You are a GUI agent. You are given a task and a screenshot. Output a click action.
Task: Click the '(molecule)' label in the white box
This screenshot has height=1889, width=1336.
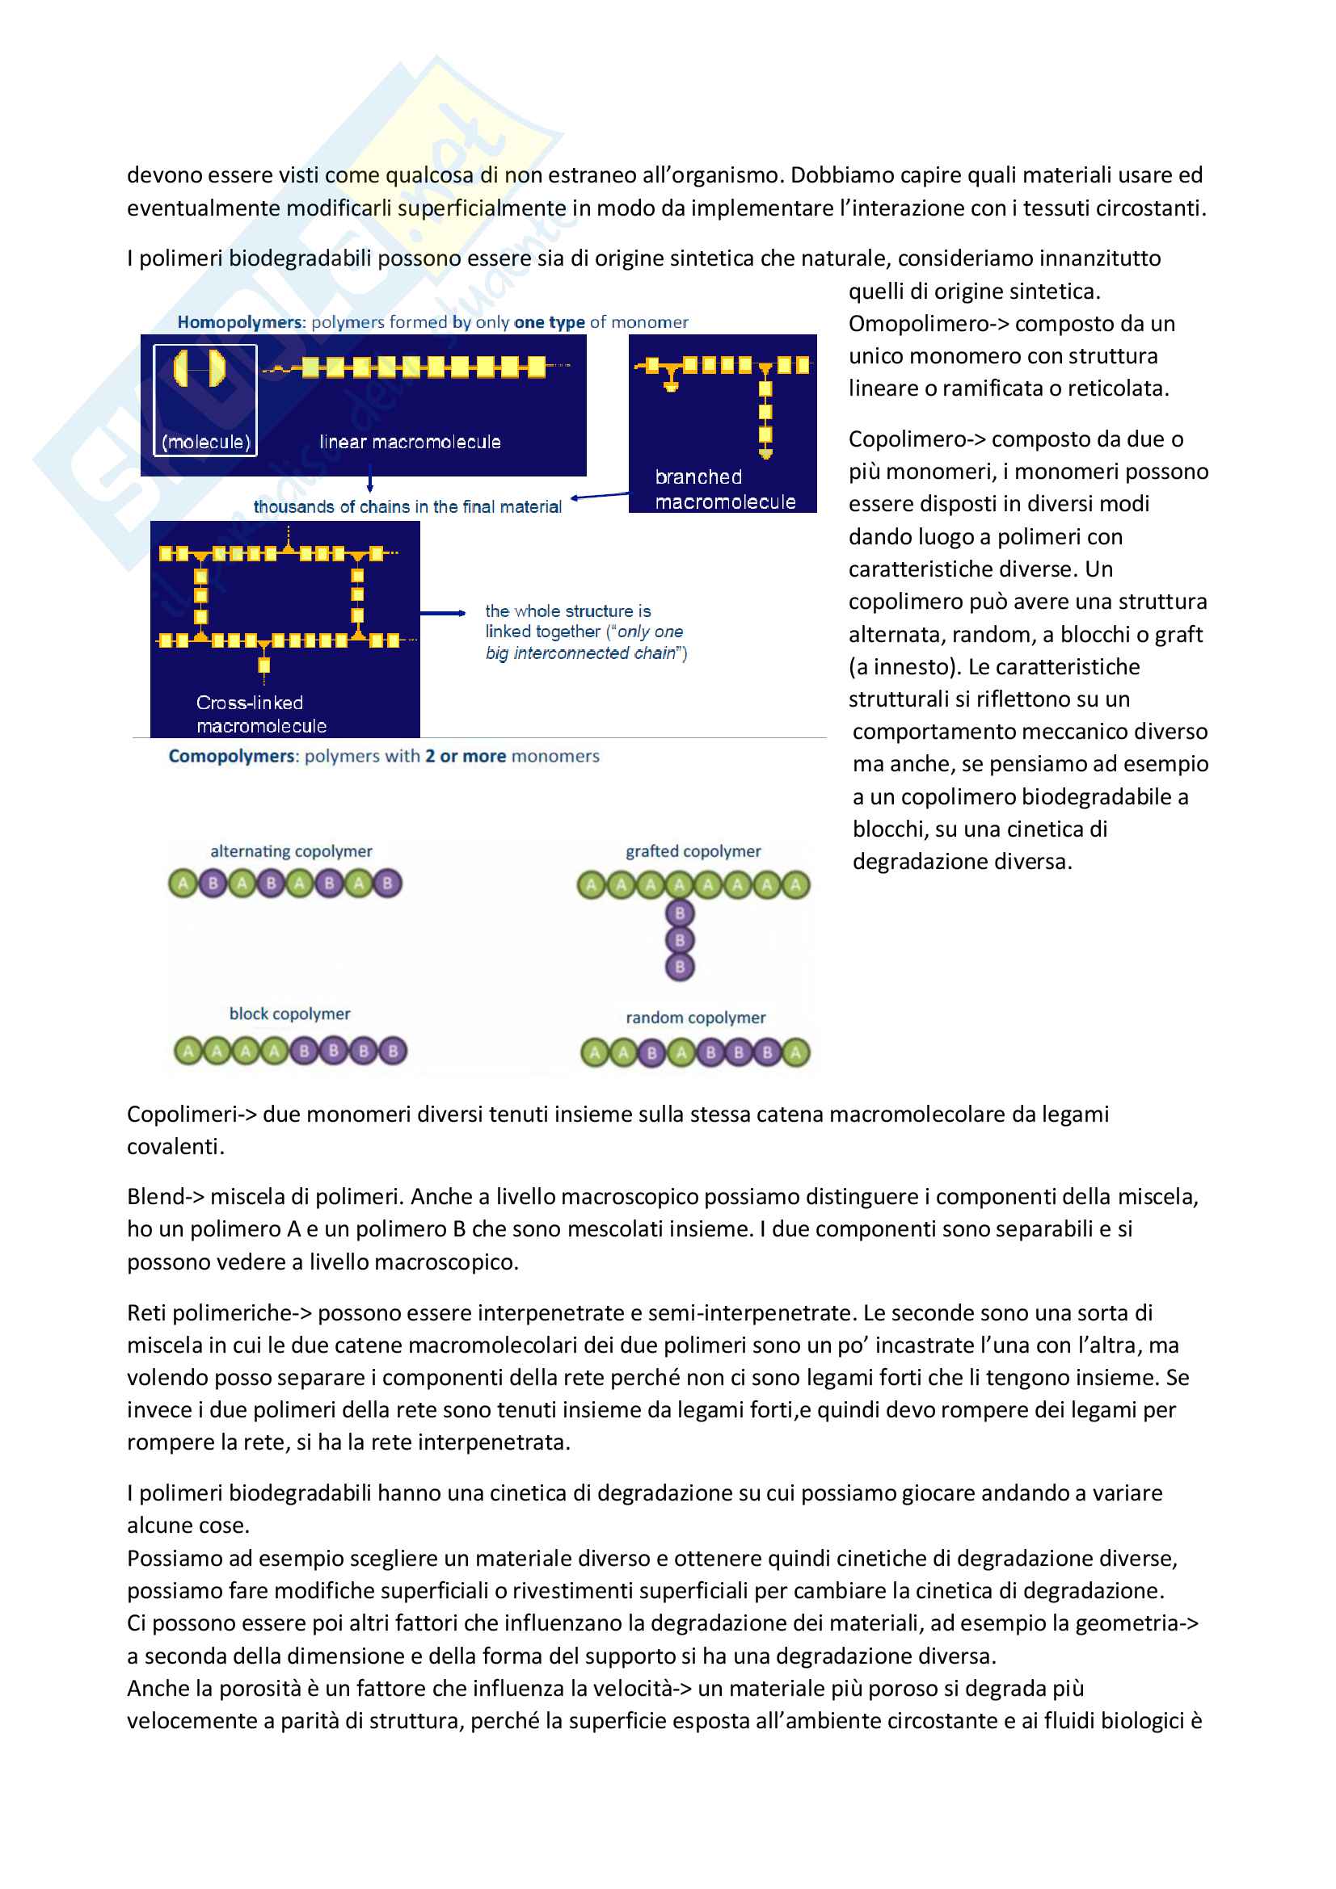click(206, 442)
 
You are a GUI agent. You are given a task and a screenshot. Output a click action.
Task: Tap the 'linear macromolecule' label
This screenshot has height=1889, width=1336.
click(410, 442)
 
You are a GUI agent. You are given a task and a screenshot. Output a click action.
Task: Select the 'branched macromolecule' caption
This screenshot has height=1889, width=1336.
click(724, 489)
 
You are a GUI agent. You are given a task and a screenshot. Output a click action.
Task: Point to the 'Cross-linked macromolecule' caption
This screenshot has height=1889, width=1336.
click(261, 714)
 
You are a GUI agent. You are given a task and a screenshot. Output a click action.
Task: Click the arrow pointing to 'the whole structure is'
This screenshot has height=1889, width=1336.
click(445, 613)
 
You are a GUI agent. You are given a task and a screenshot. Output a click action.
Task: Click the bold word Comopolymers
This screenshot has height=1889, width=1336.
click(231, 756)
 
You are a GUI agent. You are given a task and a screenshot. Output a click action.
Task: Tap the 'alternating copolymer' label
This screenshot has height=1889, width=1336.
click(292, 851)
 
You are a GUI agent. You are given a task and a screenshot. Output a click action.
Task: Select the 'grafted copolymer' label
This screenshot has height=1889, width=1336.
click(693, 851)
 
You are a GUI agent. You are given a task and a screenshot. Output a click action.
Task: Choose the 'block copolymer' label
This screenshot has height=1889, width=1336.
click(290, 1014)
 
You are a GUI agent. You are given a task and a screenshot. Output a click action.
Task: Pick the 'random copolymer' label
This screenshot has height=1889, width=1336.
click(696, 1018)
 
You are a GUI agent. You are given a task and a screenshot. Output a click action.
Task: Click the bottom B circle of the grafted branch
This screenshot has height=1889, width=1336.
click(680, 967)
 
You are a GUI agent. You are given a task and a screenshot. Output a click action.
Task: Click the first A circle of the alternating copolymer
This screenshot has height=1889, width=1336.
click(183, 884)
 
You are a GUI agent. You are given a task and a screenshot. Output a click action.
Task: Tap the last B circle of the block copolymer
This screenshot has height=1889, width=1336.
click(394, 1051)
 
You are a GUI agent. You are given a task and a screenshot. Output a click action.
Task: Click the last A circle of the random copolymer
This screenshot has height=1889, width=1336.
click(796, 1052)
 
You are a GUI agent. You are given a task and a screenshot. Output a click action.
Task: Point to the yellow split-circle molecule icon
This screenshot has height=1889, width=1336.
click(200, 367)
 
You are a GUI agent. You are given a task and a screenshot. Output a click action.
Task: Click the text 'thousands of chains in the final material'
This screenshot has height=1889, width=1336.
click(407, 507)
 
